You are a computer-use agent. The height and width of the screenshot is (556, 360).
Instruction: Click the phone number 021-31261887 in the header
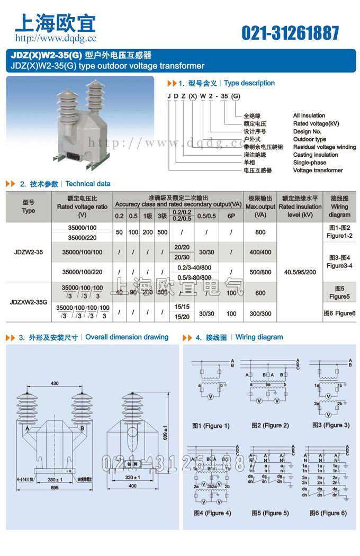[x=290, y=33]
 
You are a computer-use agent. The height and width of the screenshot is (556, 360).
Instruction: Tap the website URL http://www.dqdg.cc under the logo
[x=56, y=38]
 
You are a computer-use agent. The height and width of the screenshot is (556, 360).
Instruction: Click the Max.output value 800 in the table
[x=260, y=232]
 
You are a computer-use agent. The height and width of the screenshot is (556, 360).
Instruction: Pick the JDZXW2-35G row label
[x=29, y=302]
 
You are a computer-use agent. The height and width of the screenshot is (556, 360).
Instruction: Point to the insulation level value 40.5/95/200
[x=300, y=272]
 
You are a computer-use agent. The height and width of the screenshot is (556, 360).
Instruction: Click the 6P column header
[x=231, y=216]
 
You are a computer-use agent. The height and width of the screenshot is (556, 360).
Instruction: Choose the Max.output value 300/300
[x=260, y=313]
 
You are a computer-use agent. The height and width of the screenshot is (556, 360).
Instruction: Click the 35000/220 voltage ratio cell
[x=82, y=237]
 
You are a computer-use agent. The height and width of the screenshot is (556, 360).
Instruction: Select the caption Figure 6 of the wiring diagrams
[x=328, y=513]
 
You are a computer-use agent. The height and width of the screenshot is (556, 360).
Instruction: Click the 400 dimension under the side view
[x=132, y=486]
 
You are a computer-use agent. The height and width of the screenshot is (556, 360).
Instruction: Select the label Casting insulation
[x=316, y=155]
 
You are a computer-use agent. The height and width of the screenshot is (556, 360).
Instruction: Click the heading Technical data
[x=88, y=184]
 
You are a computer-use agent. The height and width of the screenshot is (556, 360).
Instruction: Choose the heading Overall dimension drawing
[x=127, y=337]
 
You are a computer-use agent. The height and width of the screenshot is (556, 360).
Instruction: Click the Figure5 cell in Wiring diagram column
[x=339, y=293]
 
